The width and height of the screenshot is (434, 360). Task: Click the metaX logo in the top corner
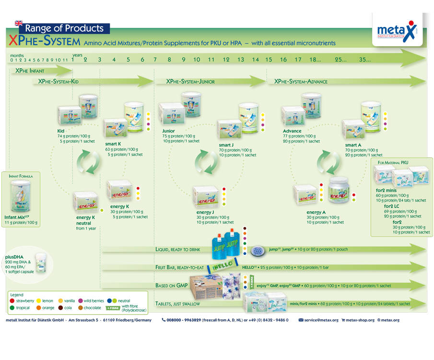[x=397, y=30]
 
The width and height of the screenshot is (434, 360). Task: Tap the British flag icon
[x=19, y=23]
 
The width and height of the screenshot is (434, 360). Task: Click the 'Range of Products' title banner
[x=64, y=28]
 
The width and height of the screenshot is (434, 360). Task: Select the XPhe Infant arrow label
[x=30, y=71]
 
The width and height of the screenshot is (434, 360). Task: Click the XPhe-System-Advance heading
[x=301, y=82]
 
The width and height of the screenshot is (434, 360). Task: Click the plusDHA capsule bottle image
[x=42, y=262]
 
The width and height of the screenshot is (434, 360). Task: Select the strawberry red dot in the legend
[x=12, y=301]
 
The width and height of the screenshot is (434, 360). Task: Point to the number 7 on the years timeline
[x=155, y=60]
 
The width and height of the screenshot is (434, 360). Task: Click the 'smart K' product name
[x=113, y=144]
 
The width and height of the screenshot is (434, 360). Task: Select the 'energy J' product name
[x=205, y=212]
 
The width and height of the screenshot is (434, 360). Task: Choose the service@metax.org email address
[x=321, y=320]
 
